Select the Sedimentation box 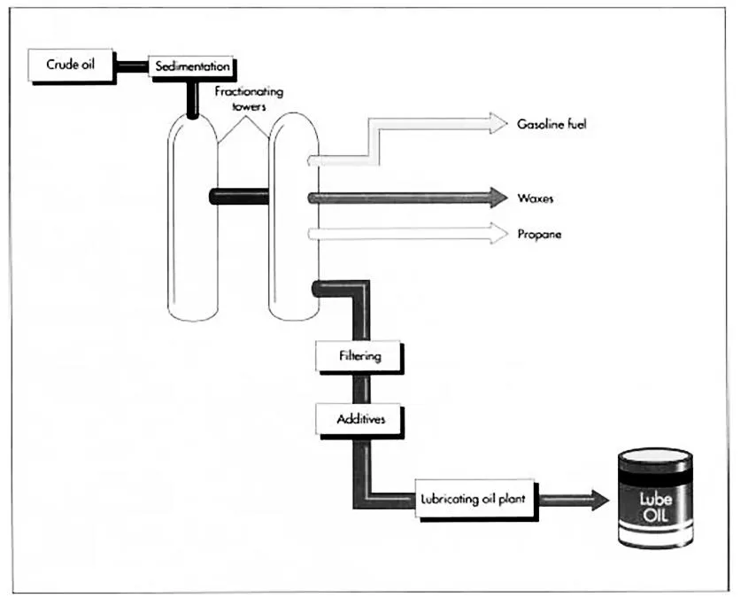click(x=192, y=66)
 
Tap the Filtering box click(x=359, y=356)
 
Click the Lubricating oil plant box click(x=473, y=498)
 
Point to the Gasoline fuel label click(x=551, y=125)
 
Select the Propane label click(x=539, y=235)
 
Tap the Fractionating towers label click(x=243, y=97)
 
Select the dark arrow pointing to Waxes click(x=407, y=198)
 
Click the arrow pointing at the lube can click(x=575, y=499)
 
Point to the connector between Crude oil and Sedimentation click(x=133, y=66)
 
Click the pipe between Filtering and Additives click(x=359, y=386)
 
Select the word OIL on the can click(x=655, y=513)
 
